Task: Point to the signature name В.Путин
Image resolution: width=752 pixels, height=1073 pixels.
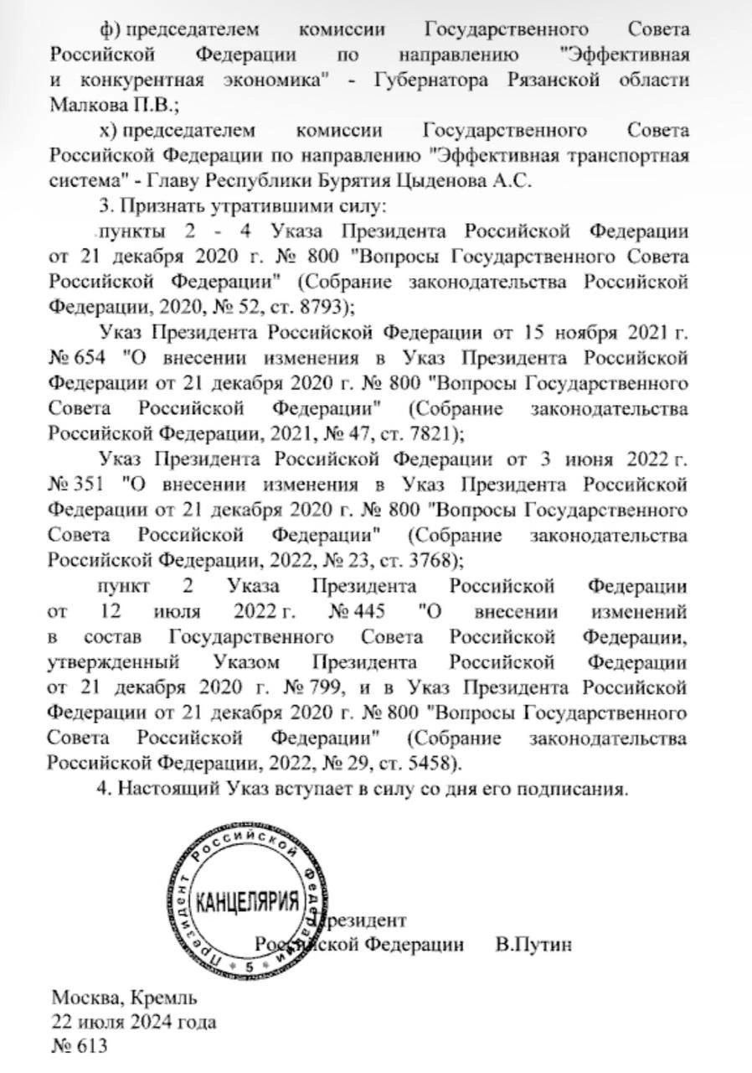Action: (x=533, y=944)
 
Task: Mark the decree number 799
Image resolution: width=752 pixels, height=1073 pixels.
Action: (x=326, y=689)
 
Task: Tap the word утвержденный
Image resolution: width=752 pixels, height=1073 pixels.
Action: (x=111, y=662)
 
